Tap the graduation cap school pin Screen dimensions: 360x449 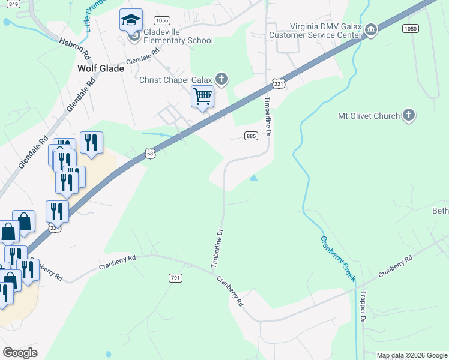(131, 21)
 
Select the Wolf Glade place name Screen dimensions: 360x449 (101, 68)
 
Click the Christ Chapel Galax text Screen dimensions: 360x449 (177, 80)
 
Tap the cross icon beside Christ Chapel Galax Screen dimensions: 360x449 (222, 79)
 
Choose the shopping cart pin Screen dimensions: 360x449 (203, 96)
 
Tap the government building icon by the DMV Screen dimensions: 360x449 (371, 30)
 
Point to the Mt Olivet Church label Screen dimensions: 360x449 (369, 116)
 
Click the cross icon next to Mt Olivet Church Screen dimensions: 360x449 (408, 115)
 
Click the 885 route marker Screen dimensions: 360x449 (251, 137)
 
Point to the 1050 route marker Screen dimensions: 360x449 (411, 28)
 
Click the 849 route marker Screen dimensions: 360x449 (14, 4)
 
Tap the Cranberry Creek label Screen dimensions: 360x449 (337, 259)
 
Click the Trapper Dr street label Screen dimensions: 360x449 (363, 308)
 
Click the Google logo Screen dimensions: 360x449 (20, 353)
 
